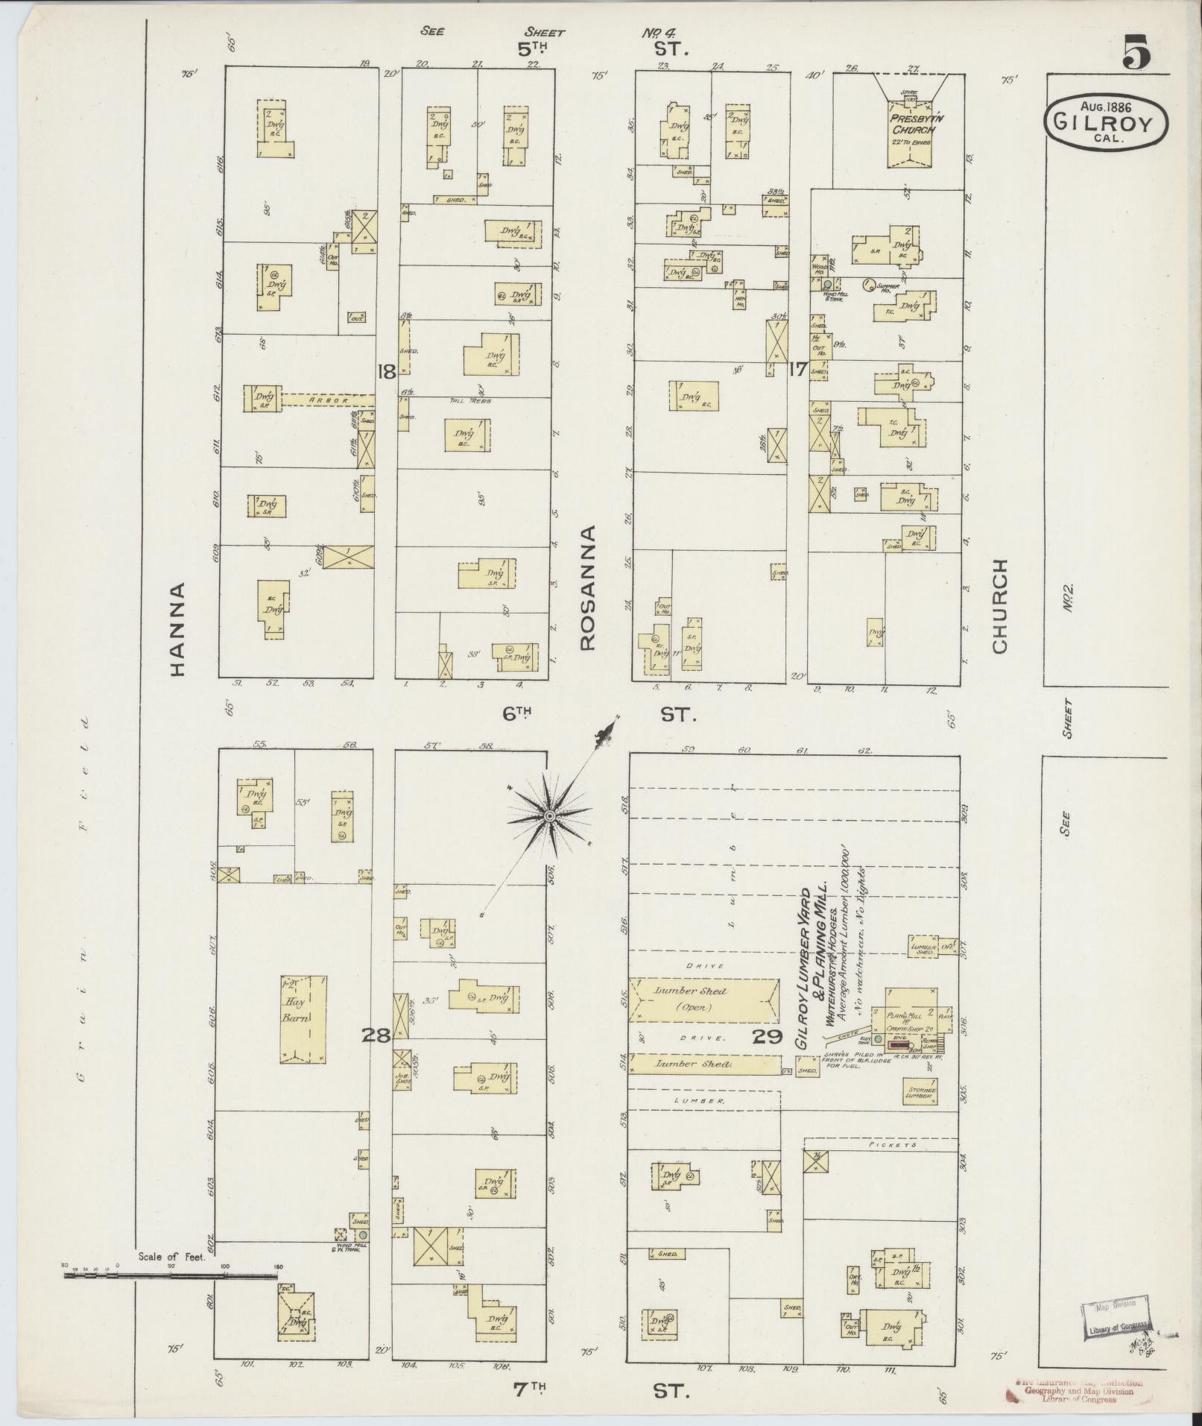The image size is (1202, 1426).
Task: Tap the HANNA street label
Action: (177, 629)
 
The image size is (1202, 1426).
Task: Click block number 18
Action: (385, 370)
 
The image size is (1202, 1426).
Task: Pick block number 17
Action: (798, 368)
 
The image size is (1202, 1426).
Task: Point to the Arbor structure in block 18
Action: (328, 400)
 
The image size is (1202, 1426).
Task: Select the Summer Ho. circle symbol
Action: (867, 283)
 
